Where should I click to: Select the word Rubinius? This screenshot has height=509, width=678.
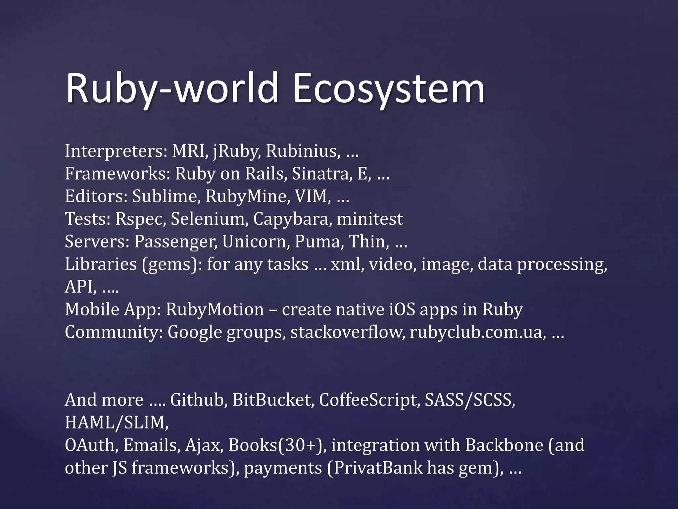303,151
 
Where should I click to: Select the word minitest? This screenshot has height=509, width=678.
370,219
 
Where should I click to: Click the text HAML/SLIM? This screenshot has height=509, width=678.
116,423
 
